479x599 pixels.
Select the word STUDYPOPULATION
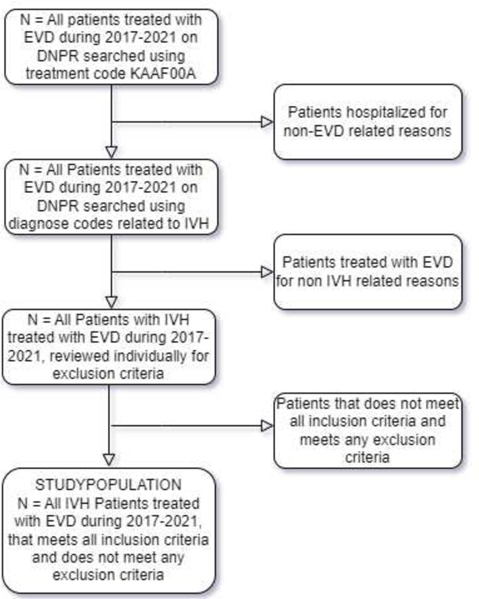click(x=108, y=485)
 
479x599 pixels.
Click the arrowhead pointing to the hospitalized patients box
click(x=267, y=122)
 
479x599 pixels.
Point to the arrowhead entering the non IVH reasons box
click(x=267, y=272)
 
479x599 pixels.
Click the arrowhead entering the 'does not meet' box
click(x=267, y=426)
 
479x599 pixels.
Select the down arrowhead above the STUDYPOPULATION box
click(x=109, y=460)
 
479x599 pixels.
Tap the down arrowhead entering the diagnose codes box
click(x=111, y=152)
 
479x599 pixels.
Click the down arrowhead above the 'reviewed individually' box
click(x=111, y=302)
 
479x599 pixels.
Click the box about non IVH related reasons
click(x=368, y=272)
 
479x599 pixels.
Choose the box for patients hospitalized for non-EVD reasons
click(x=368, y=122)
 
